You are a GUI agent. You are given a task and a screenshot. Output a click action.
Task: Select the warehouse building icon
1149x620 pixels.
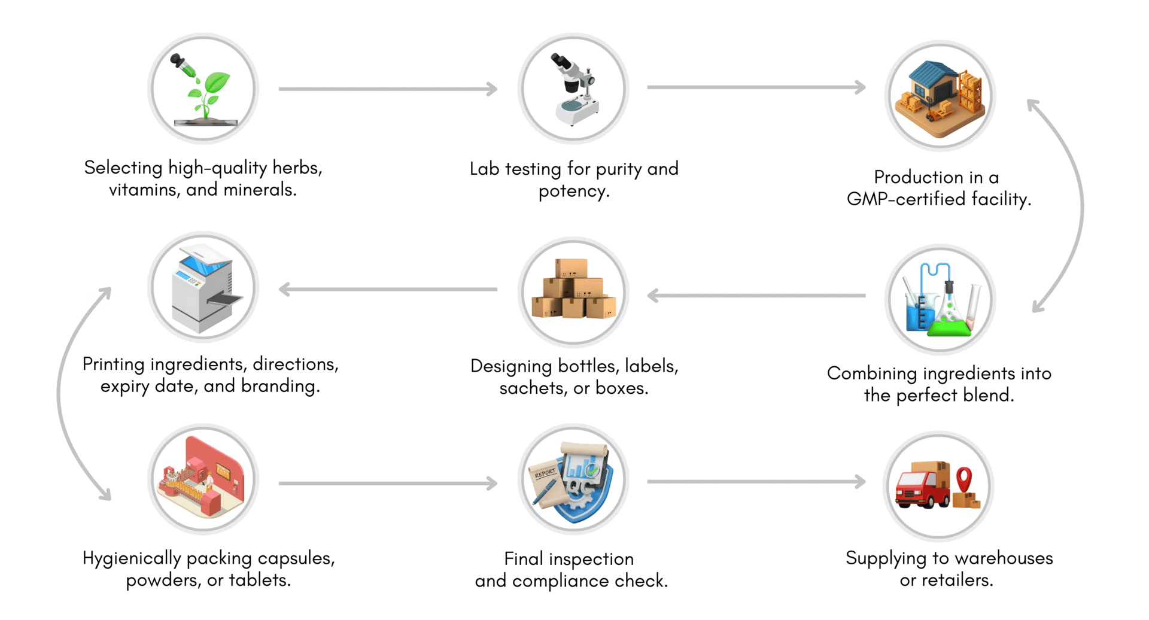[x=940, y=96]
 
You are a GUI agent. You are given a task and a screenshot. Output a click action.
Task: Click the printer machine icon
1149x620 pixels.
[x=203, y=288]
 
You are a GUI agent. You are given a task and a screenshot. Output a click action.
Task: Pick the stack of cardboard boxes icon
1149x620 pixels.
[x=573, y=290]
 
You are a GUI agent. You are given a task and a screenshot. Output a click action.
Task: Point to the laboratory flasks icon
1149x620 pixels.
[x=940, y=299]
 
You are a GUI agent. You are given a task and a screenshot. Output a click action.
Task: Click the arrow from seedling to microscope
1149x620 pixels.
[x=388, y=89]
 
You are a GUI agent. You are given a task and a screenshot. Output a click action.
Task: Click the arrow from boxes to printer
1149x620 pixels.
[x=388, y=290]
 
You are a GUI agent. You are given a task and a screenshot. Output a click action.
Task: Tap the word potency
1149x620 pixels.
[x=573, y=192]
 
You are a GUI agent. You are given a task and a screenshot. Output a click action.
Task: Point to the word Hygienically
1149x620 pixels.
[x=132, y=558]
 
